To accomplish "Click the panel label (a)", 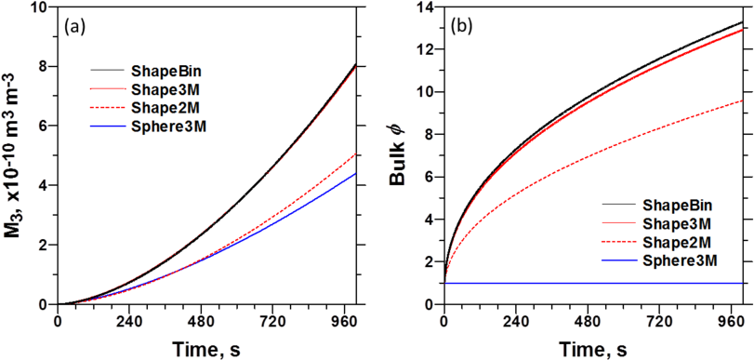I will (x=73, y=27).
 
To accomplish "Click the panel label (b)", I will (x=462, y=27).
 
